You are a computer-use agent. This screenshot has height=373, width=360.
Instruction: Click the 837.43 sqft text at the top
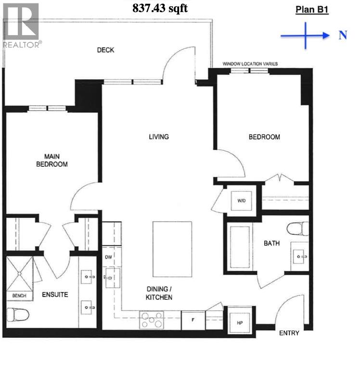160,8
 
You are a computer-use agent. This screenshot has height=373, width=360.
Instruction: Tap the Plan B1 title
311,9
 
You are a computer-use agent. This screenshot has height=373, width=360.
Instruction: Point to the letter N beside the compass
343,35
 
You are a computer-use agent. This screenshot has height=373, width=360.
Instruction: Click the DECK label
105,50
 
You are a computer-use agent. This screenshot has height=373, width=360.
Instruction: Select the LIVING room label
158,137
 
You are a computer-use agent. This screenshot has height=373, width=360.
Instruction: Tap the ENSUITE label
55,294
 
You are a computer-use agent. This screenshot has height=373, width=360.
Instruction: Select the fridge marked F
193,320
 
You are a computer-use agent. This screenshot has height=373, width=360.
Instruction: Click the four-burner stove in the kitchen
152,320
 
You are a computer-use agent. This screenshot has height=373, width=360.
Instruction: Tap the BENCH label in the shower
19,295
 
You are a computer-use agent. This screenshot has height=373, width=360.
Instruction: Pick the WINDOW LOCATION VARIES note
250,64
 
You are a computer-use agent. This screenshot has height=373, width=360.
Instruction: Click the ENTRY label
289,333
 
